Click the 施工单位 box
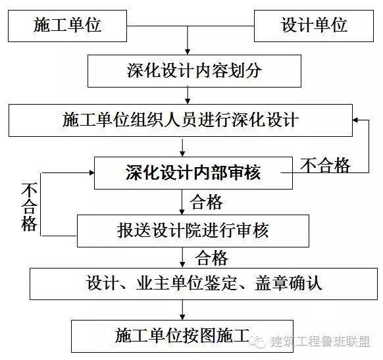pyautogui.click(x=67, y=26)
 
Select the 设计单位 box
pyautogui.click(x=314, y=26)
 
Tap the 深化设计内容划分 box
pyautogui.click(x=194, y=71)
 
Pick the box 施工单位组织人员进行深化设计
pyautogui.click(x=180, y=120)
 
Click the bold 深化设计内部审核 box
pyautogui.click(x=193, y=173)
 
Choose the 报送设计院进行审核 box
pyautogui.click(x=193, y=231)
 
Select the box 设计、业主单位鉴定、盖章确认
pyautogui.click(x=204, y=284)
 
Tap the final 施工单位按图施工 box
pyautogui.click(x=182, y=336)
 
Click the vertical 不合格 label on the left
pyautogui.click(x=29, y=207)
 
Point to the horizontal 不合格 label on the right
pyautogui.click(x=325, y=165)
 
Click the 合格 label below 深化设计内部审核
pyautogui.click(x=207, y=202)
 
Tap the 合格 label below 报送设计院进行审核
pyautogui.click(x=211, y=258)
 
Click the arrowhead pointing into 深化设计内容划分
pyautogui.click(x=188, y=52)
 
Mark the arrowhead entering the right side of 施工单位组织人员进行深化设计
pyautogui.click(x=355, y=120)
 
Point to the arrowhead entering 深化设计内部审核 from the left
pyautogui.click(x=91, y=172)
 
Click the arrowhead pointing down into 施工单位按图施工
pyautogui.click(x=182, y=317)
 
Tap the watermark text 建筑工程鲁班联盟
pyautogui.click(x=320, y=341)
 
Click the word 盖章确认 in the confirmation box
pyautogui.click(x=288, y=284)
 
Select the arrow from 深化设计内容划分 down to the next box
pyautogui.click(x=188, y=95)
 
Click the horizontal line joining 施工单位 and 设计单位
pyautogui.click(x=191, y=26)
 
